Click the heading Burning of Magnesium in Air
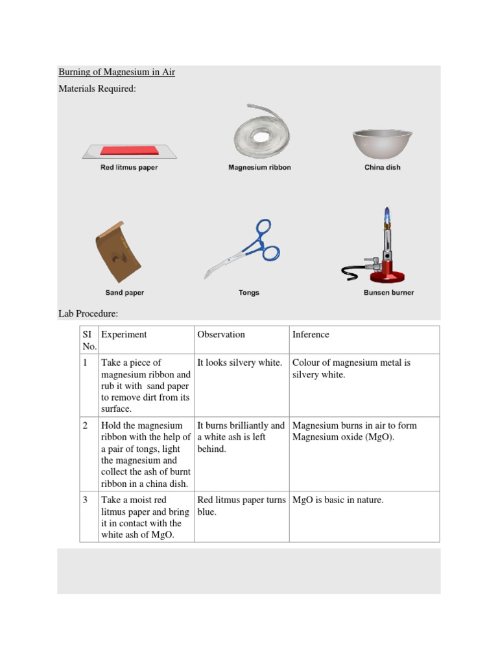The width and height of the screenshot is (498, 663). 117,72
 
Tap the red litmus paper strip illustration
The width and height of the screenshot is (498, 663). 129,150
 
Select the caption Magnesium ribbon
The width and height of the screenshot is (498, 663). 259,168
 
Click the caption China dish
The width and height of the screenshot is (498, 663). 382,168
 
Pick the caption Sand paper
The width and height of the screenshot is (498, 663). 124,293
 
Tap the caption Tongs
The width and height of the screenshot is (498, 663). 249,293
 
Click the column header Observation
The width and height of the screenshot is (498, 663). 221,335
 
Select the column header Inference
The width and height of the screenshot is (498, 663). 311,335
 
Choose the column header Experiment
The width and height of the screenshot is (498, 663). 124,335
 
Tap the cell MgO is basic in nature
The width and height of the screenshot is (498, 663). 338,500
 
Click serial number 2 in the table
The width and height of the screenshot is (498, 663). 86,425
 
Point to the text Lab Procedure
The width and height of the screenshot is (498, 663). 88,313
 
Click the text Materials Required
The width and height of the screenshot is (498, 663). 97,89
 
